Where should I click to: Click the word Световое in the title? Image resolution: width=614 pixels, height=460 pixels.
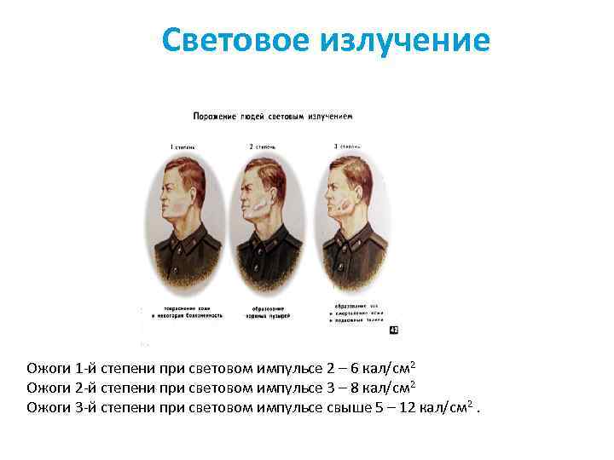click(237, 40)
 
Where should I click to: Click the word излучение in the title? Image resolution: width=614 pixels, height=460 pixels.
click(405, 40)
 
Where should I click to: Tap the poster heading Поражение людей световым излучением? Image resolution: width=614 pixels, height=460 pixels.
click(272, 115)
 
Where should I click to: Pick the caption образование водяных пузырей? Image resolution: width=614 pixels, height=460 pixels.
click(270, 311)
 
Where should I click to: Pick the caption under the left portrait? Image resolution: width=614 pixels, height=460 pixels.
click(187, 311)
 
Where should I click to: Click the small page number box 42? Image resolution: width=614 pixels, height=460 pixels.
click(393, 328)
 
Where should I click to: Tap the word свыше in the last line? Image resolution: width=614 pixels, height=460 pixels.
click(350, 407)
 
